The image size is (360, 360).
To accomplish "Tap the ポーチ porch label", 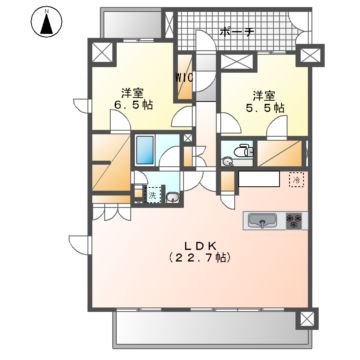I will (236, 30).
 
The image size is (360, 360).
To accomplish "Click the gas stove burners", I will (295, 219).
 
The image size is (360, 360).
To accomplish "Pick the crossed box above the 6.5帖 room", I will (102, 52).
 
